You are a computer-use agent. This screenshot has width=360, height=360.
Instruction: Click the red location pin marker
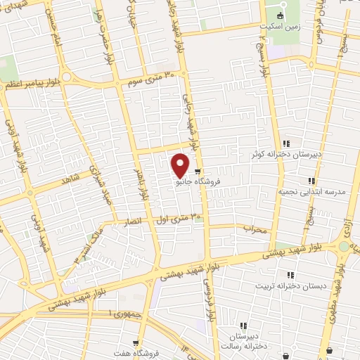pos(180,165)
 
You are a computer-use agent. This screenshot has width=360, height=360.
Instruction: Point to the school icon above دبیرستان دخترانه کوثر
pos(286,143)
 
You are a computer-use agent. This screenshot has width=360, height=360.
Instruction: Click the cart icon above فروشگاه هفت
pos(126,344)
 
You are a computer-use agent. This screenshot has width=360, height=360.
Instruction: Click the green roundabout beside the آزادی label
pos(344,247)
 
